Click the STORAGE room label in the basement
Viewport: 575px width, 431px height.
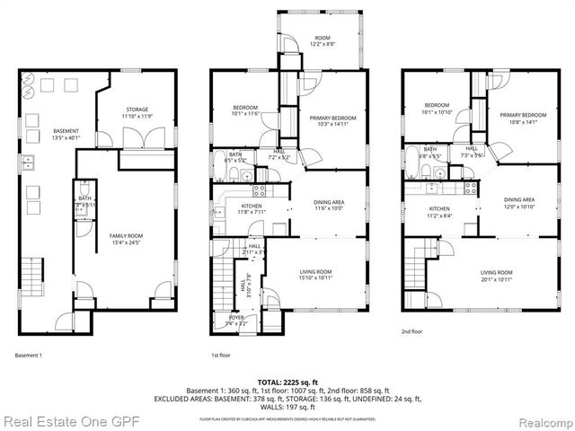click(x=137, y=112)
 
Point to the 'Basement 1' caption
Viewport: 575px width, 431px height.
click(x=29, y=355)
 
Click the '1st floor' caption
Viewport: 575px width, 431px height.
click(x=221, y=355)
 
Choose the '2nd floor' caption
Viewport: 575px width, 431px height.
click(x=412, y=331)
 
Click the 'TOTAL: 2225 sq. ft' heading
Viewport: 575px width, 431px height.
click(x=287, y=382)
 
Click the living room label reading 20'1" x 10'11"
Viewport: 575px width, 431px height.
click(x=496, y=275)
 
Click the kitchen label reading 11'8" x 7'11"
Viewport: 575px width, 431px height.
click(x=251, y=209)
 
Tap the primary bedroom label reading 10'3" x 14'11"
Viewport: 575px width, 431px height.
click(x=332, y=121)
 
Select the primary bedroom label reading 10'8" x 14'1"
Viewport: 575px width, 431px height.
click(x=523, y=118)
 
